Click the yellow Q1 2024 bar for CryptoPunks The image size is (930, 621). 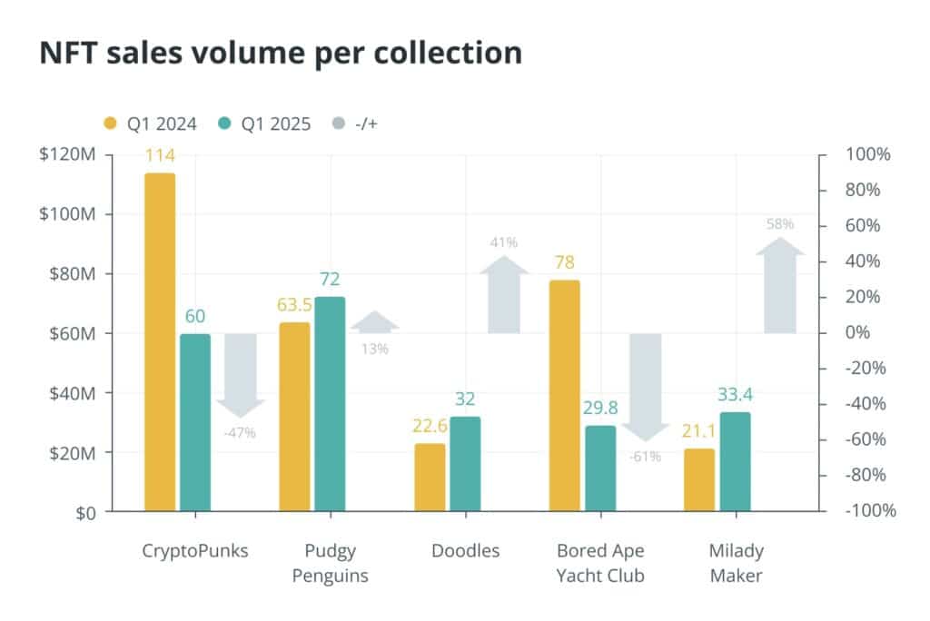coord(160,342)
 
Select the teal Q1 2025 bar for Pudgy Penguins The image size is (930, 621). coord(330,404)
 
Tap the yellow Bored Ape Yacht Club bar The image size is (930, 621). coord(565,396)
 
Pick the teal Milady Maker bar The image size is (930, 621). coord(736,461)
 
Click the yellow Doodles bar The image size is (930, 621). coord(430,478)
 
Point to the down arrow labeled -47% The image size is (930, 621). coord(240,376)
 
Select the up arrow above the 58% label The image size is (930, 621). coord(780,285)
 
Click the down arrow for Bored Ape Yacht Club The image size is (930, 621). coord(646,388)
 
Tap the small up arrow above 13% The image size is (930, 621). coord(374,321)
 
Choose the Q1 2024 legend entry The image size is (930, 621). coord(150,123)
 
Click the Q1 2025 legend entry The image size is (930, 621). coord(264,123)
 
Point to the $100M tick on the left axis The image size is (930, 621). coord(67,213)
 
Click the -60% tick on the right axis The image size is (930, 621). coord(866,439)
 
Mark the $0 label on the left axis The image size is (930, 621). coord(85,513)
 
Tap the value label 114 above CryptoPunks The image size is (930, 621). coord(160,155)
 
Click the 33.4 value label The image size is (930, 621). coord(735,394)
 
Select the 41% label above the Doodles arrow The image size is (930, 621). coord(504,242)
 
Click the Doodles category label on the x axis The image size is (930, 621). coord(466,550)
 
